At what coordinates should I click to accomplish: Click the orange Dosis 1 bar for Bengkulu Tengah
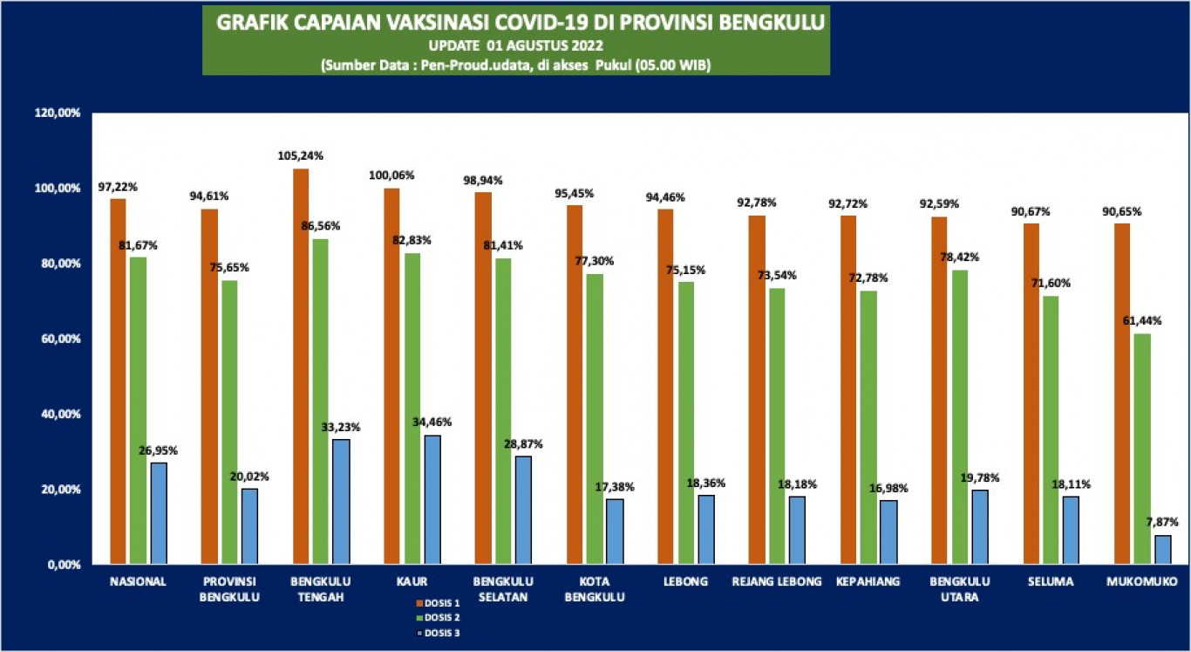(x=301, y=367)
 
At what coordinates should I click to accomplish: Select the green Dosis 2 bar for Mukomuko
(x=1141, y=449)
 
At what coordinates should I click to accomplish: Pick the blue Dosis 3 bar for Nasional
(x=159, y=513)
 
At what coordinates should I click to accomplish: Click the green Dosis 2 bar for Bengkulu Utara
(x=959, y=417)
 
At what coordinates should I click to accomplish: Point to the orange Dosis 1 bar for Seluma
(x=1031, y=394)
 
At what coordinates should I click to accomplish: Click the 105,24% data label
(x=301, y=156)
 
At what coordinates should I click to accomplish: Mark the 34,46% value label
(x=433, y=422)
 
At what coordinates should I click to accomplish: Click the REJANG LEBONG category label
(x=778, y=582)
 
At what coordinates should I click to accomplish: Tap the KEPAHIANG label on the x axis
(x=867, y=582)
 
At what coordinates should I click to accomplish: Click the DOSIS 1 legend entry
(x=443, y=603)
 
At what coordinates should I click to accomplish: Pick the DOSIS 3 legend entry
(x=443, y=633)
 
